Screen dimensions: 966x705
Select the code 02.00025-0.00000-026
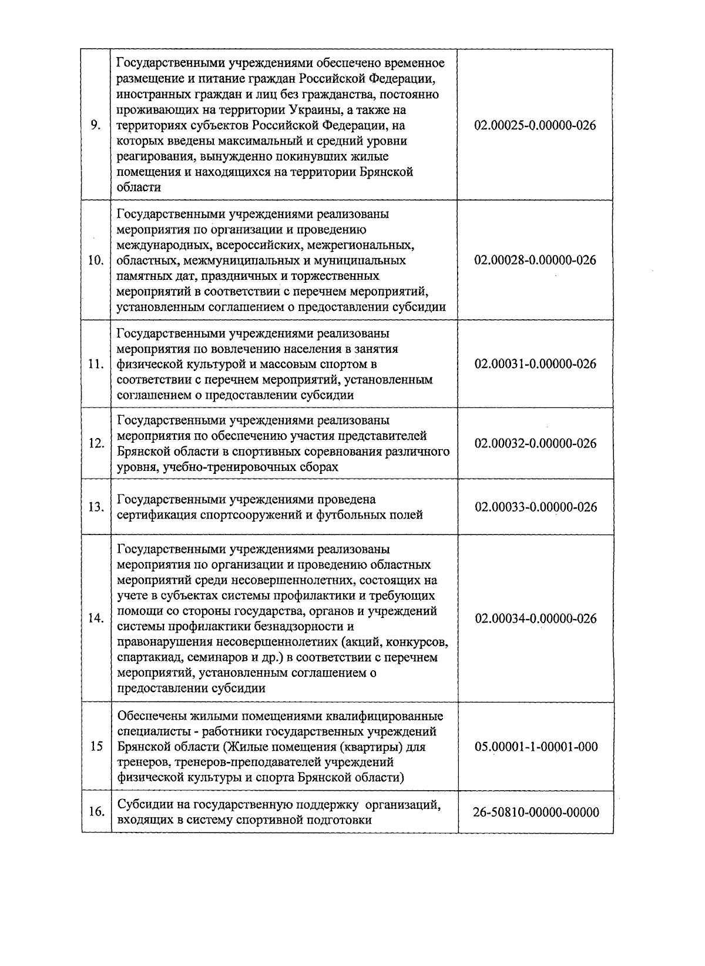coord(535,126)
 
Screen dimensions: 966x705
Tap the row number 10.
coord(96,260)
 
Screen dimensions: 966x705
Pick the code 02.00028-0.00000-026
coord(535,260)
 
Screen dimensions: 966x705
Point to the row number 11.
coord(96,365)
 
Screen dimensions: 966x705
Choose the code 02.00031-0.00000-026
coord(535,364)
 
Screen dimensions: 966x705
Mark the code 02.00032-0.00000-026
coord(535,443)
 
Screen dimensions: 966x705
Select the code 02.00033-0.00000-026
coord(535,507)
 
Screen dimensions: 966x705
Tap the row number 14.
coord(96,619)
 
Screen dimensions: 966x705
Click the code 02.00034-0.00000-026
coord(535,619)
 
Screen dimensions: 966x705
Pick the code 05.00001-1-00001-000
coord(535,747)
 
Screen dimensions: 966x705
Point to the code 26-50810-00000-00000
coord(535,813)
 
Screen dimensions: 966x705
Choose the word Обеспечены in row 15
coord(152,717)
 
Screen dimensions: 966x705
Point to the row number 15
coord(96,747)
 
